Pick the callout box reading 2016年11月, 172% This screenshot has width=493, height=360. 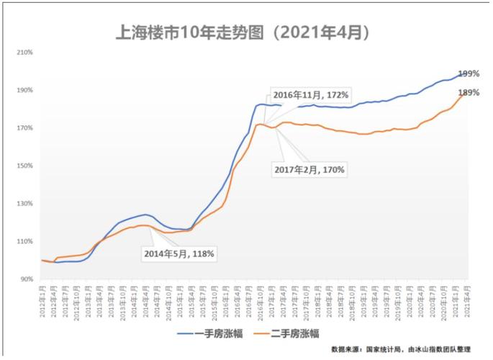310,95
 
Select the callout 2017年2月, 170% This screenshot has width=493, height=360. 309,170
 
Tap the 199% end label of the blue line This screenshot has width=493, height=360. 469,74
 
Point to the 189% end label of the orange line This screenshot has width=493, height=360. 469,93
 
